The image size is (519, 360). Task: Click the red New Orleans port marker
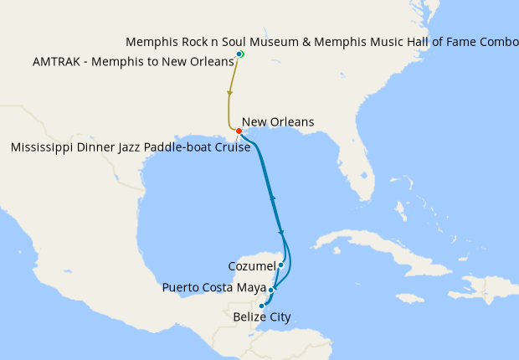[239, 131]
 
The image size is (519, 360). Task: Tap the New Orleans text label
[277, 122]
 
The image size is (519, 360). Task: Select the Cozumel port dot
[280, 265]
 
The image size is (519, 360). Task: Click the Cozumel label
[251, 266]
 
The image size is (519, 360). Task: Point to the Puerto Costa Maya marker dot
[271, 291]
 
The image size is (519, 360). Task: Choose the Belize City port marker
[262, 306]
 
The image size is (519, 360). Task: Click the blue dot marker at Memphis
[239, 54]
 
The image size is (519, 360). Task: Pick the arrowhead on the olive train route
[229, 93]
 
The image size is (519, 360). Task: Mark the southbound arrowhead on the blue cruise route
[281, 233]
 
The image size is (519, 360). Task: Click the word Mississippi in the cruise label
[43, 148]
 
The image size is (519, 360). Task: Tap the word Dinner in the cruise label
[95, 148]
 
